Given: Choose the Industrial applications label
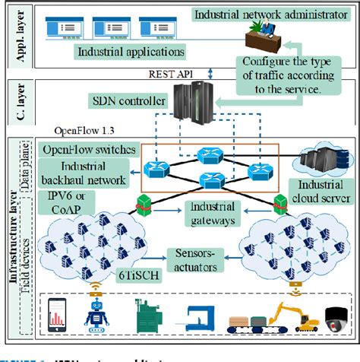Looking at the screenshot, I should coord(129,52).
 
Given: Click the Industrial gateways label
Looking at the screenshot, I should coord(201,214).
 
